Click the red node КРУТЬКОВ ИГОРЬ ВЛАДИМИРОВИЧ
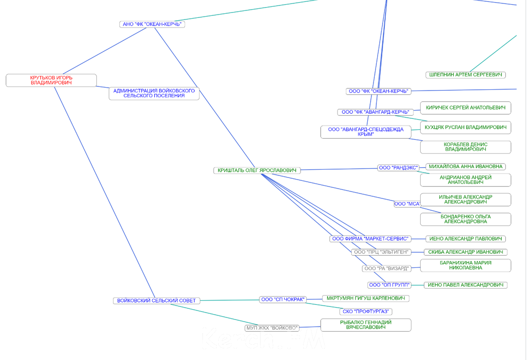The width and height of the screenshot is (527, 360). pos(51,80)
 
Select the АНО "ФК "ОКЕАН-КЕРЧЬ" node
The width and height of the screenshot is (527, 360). pos(152,24)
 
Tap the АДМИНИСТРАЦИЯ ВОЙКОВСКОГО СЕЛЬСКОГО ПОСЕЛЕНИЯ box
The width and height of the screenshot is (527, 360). pos(154,93)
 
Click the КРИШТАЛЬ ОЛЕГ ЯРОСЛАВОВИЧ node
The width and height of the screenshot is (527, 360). pos(257,170)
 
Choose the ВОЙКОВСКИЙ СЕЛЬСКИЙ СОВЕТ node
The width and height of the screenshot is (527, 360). pos(156,301)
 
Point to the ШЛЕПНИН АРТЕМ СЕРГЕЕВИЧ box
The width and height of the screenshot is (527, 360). pos(465,75)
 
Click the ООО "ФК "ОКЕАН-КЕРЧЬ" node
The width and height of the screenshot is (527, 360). pos(378,91)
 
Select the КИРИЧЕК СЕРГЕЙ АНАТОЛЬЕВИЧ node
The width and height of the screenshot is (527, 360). pos(465,108)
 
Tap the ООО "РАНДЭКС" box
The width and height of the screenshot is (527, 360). pos(398,168)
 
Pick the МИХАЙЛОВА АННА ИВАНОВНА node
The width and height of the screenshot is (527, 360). pos(465,166)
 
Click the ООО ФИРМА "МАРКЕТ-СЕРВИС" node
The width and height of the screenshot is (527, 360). pos(370,239)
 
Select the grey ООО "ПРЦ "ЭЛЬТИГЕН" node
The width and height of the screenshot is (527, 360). pos(381,252)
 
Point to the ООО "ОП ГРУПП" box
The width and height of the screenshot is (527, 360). pos(389,285)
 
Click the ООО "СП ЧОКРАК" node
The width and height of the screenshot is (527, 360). pos(283,299)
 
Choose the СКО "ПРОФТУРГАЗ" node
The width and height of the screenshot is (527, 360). pos(365,311)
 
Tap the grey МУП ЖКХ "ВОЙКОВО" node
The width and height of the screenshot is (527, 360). pos(272,328)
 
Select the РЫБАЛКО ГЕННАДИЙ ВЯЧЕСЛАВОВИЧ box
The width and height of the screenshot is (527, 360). pos(365,325)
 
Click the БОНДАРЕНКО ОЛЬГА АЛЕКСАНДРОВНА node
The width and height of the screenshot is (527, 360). pos(465,219)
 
